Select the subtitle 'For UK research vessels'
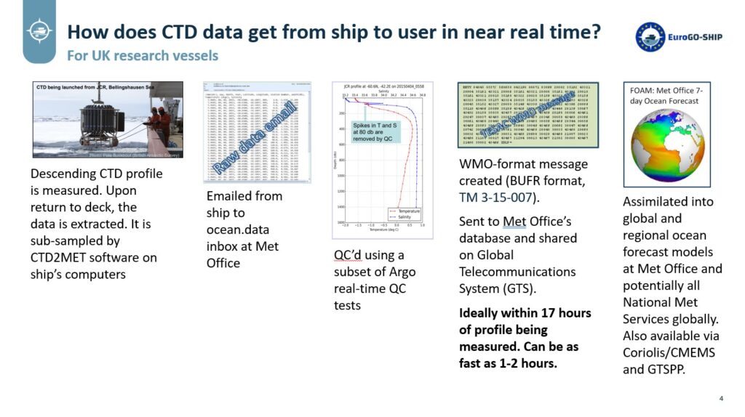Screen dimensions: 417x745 pos(142,56)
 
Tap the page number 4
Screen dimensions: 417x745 pos(720,398)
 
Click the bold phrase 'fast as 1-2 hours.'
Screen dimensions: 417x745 pos(508,363)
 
